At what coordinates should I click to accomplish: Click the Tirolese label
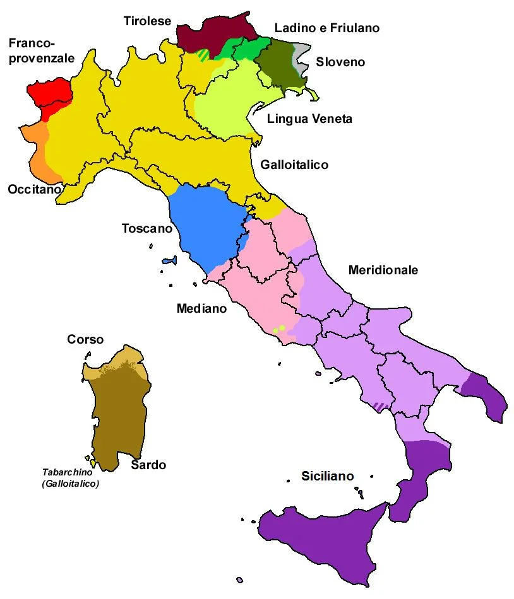pos(147,21)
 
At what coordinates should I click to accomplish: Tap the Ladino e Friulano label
pos(326,28)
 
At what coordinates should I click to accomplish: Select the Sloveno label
pos(340,62)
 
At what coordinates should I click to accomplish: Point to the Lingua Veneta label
pos(309,119)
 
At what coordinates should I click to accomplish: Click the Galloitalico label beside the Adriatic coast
pos(294,165)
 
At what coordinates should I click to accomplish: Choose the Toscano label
pos(146,228)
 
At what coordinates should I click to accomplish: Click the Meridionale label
pos(383,270)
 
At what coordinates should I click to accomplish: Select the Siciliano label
pos(327,476)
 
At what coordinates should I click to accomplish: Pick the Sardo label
pos(149,465)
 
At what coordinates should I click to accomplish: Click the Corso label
pos(85,339)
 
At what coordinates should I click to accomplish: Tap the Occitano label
pos(34,189)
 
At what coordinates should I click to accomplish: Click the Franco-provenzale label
pos(41,50)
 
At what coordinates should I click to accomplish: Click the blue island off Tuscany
pos(169,260)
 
